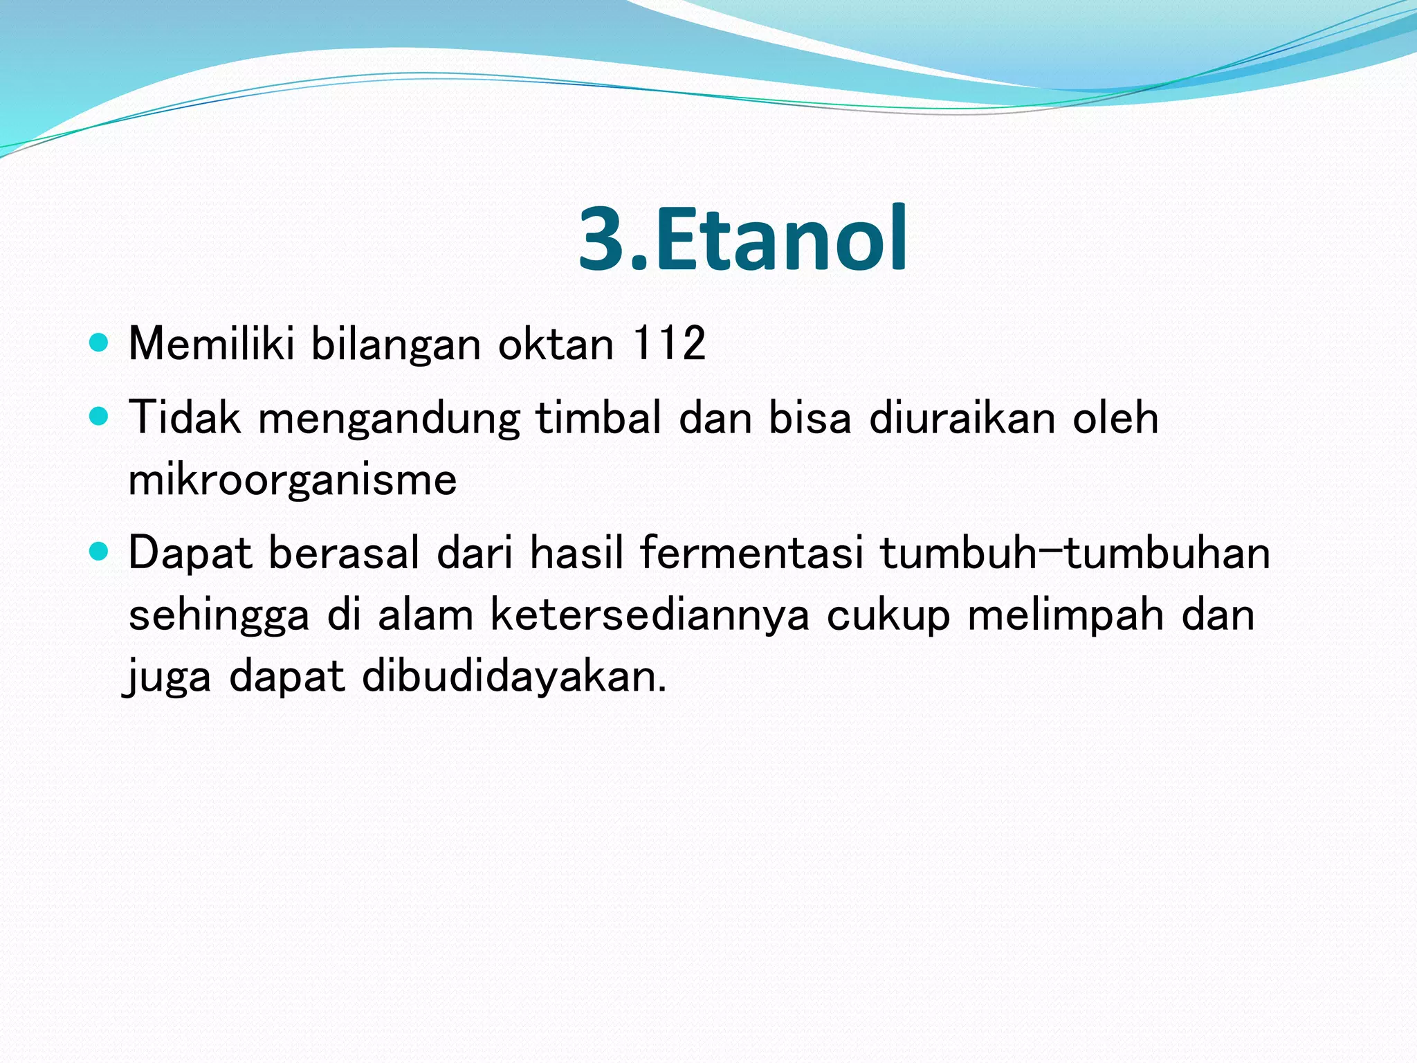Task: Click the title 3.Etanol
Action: tap(742, 239)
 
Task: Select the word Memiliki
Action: tap(212, 343)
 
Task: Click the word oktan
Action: tap(556, 344)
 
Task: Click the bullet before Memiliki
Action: tap(100, 343)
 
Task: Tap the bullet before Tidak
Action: tap(100, 417)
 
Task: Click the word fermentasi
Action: tap(751, 553)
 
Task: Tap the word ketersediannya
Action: tap(650, 615)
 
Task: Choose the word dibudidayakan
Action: tap(514, 676)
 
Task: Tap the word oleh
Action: tap(1115, 417)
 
